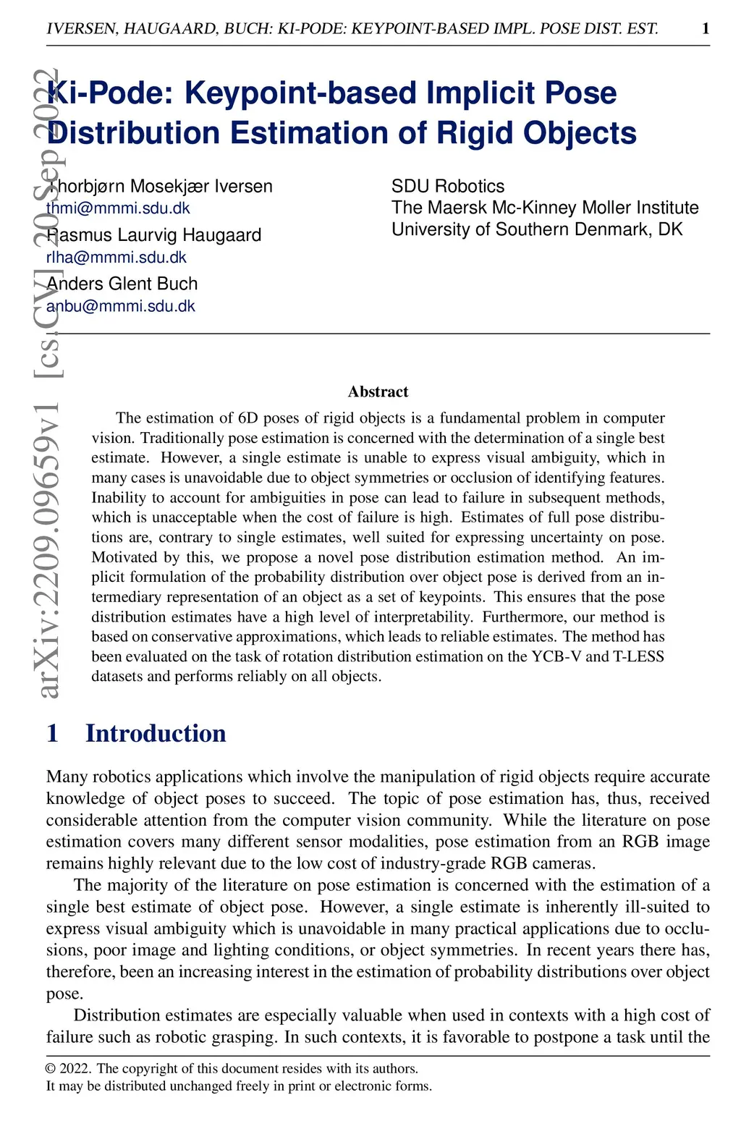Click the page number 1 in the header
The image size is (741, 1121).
706,28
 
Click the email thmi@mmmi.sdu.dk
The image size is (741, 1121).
118,208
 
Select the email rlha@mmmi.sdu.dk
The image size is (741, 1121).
117,257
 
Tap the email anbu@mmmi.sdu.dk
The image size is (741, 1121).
121,306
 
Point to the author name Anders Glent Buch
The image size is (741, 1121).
122,284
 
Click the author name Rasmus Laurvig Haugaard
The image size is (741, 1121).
153,235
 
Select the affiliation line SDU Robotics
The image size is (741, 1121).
448,187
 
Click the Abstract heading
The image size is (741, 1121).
378,392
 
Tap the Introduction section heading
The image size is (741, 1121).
156,733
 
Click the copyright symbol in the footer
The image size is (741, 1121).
51,1069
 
